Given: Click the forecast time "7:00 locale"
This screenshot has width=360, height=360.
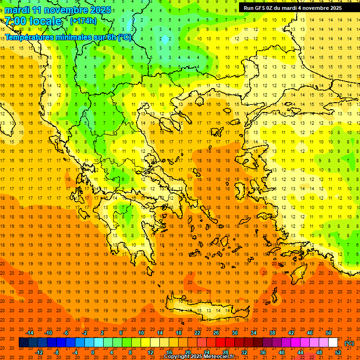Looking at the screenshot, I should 33,21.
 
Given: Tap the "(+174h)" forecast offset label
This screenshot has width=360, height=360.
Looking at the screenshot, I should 83,21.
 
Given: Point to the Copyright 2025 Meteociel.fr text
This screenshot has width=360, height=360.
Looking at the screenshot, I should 199,357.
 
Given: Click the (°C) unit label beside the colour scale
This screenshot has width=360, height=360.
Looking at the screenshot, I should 349,343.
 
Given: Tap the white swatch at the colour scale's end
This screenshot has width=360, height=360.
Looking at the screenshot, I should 333,343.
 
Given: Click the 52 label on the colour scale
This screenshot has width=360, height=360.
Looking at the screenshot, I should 338,352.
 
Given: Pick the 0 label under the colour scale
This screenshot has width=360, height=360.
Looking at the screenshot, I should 93,352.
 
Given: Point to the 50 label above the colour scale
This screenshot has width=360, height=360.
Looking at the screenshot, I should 329,333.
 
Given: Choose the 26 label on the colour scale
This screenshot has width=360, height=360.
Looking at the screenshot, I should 216,333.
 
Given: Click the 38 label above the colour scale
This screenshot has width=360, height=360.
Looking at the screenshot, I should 272,333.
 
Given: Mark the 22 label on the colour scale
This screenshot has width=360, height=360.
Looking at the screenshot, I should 197,333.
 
